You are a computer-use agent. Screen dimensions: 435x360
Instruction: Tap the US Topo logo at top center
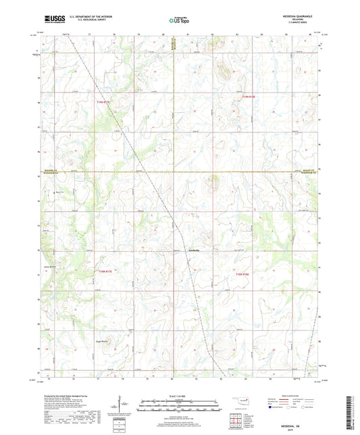coord(178,21)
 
